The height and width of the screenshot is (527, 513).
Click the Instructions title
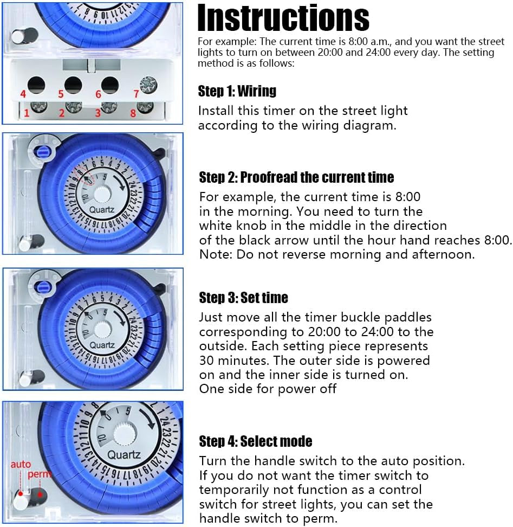(x=283, y=18)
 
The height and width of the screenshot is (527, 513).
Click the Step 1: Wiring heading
(x=237, y=91)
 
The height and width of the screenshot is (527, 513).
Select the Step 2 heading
(x=296, y=177)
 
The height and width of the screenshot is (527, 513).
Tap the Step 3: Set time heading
(x=243, y=298)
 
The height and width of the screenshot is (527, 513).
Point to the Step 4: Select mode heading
(x=256, y=441)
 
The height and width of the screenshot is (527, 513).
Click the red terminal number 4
(x=23, y=94)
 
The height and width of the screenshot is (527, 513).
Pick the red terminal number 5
(x=61, y=94)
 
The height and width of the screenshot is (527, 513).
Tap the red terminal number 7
(x=136, y=94)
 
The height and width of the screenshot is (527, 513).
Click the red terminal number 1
(x=27, y=113)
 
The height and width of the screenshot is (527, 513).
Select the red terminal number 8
(x=133, y=113)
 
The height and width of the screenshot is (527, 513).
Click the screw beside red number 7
(x=148, y=85)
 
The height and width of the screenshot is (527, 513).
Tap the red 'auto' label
(x=21, y=465)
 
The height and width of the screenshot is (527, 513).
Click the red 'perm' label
(x=40, y=474)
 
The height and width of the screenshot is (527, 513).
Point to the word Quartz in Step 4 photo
(x=124, y=455)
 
